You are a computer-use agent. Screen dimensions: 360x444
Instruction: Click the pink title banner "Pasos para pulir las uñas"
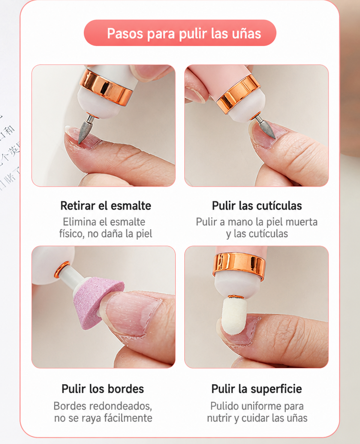point(180,33)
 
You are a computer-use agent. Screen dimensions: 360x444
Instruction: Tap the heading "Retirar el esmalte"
point(106,206)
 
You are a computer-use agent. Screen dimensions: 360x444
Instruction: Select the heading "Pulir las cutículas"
point(257,206)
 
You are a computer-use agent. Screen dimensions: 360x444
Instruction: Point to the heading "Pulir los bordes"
point(102,389)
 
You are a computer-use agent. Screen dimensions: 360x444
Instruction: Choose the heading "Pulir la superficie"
point(257,389)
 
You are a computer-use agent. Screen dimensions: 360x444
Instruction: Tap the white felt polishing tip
point(234,315)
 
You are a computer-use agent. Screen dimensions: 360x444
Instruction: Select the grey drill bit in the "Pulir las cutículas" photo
point(266,127)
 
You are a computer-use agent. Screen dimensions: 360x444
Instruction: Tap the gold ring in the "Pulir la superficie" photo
point(239,266)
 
